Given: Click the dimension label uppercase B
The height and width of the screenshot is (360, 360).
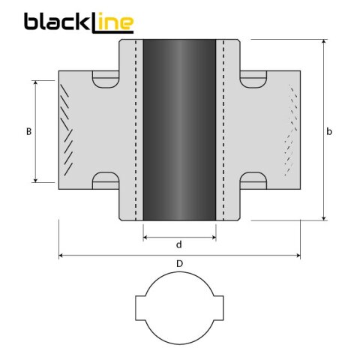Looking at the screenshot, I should point(28,131).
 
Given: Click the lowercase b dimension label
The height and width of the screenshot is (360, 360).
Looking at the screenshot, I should point(329,131).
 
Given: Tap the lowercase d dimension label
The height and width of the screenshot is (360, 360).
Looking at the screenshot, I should point(178,244).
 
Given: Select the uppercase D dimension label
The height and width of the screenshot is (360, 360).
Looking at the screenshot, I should point(178,264).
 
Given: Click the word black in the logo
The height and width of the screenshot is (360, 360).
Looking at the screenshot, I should point(56,22).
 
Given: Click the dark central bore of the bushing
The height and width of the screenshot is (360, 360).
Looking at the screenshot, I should point(179,129).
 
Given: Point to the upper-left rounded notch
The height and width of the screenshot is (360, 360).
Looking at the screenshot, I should point(105,76).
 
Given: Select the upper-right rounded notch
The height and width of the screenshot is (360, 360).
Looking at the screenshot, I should point(253,76).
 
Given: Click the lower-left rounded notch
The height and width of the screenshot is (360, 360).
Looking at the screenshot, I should point(105,180).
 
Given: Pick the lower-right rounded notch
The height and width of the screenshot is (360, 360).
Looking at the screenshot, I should point(253,180).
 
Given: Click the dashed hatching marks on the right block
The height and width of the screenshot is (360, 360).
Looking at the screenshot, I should point(289,131).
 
